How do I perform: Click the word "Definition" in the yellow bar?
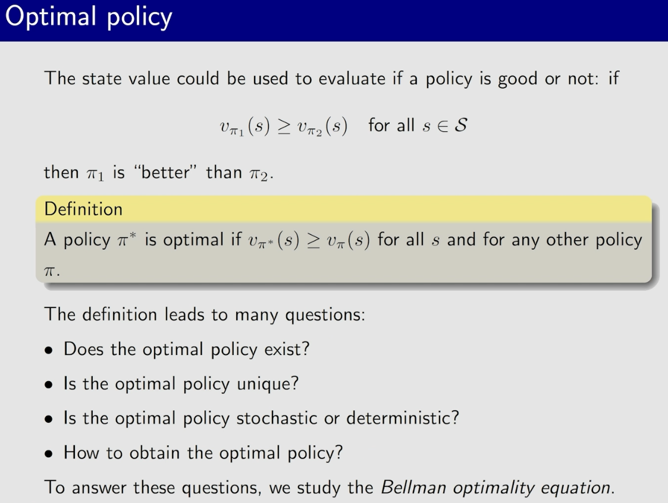tap(83, 209)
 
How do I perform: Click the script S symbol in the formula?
tap(459, 126)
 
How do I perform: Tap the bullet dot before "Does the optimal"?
tap(50, 350)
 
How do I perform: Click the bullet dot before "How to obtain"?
tap(50, 454)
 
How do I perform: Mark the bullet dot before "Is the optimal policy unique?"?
tap(50, 385)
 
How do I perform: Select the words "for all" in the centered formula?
tap(391, 126)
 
